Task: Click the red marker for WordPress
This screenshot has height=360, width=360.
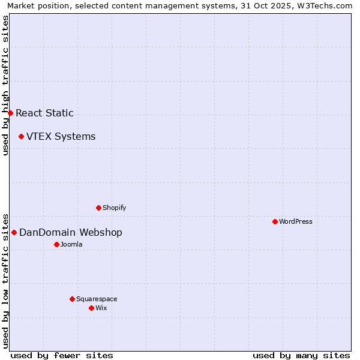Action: tap(275, 221)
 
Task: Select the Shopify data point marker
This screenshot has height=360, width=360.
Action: tap(98, 208)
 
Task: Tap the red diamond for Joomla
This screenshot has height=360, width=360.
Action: tap(56, 244)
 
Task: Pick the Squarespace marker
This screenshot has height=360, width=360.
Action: tap(72, 299)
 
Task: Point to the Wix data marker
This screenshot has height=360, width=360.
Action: tap(91, 308)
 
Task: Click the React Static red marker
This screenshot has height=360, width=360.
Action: tap(10, 113)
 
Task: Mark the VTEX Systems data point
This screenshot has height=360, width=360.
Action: tap(21, 136)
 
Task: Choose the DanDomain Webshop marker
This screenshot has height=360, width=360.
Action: tap(14, 232)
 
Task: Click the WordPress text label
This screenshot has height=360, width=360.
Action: tap(296, 221)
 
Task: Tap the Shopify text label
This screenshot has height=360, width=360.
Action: tap(114, 208)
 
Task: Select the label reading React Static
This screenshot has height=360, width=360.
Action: tap(44, 113)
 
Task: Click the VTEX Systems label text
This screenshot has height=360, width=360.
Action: tap(61, 136)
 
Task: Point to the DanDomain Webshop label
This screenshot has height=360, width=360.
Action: tap(71, 232)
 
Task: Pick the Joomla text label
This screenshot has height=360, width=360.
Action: tap(71, 244)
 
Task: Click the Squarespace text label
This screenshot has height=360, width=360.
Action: tap(97, 299)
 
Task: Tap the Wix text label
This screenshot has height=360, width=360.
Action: tap(101, 308)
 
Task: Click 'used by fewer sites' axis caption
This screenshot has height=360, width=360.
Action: tap(62, 355)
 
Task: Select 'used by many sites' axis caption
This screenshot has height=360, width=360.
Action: tap(301, 355)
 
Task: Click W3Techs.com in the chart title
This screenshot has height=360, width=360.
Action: tap(325, 6)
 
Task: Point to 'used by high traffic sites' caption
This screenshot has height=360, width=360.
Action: tap(5, 86)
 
